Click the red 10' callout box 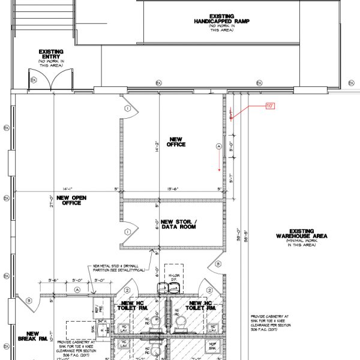[270, 106]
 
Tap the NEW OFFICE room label [178, 142]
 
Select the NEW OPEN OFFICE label [69, 200]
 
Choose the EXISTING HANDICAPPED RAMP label [221, 22]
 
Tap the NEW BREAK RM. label [32, 337]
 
